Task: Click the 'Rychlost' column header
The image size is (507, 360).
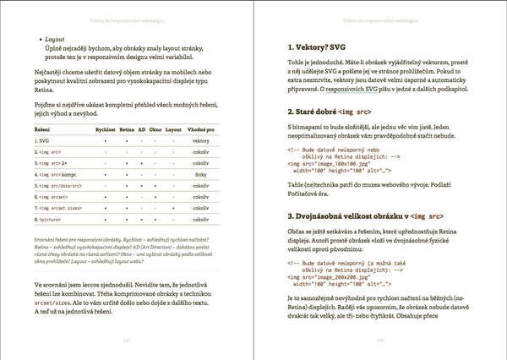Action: point(105,129)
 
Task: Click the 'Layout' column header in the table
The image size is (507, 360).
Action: point(173,129)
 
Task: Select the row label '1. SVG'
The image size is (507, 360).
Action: point(41,139)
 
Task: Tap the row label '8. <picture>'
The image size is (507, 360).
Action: point(48,219)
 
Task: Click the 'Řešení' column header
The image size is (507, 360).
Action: point(42,129)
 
